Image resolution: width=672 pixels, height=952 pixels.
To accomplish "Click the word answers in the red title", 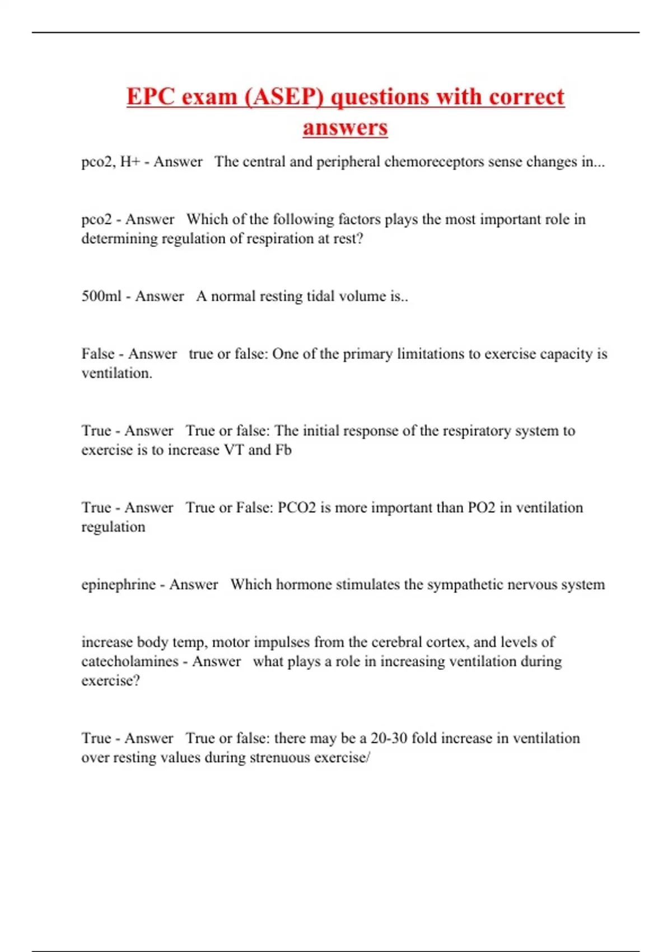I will point(345,127).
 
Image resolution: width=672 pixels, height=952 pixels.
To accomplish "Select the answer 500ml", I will point(101,296).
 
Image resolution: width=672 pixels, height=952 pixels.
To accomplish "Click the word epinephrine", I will point(118,584).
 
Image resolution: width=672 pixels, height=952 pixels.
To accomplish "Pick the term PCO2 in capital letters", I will point(297,507).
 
